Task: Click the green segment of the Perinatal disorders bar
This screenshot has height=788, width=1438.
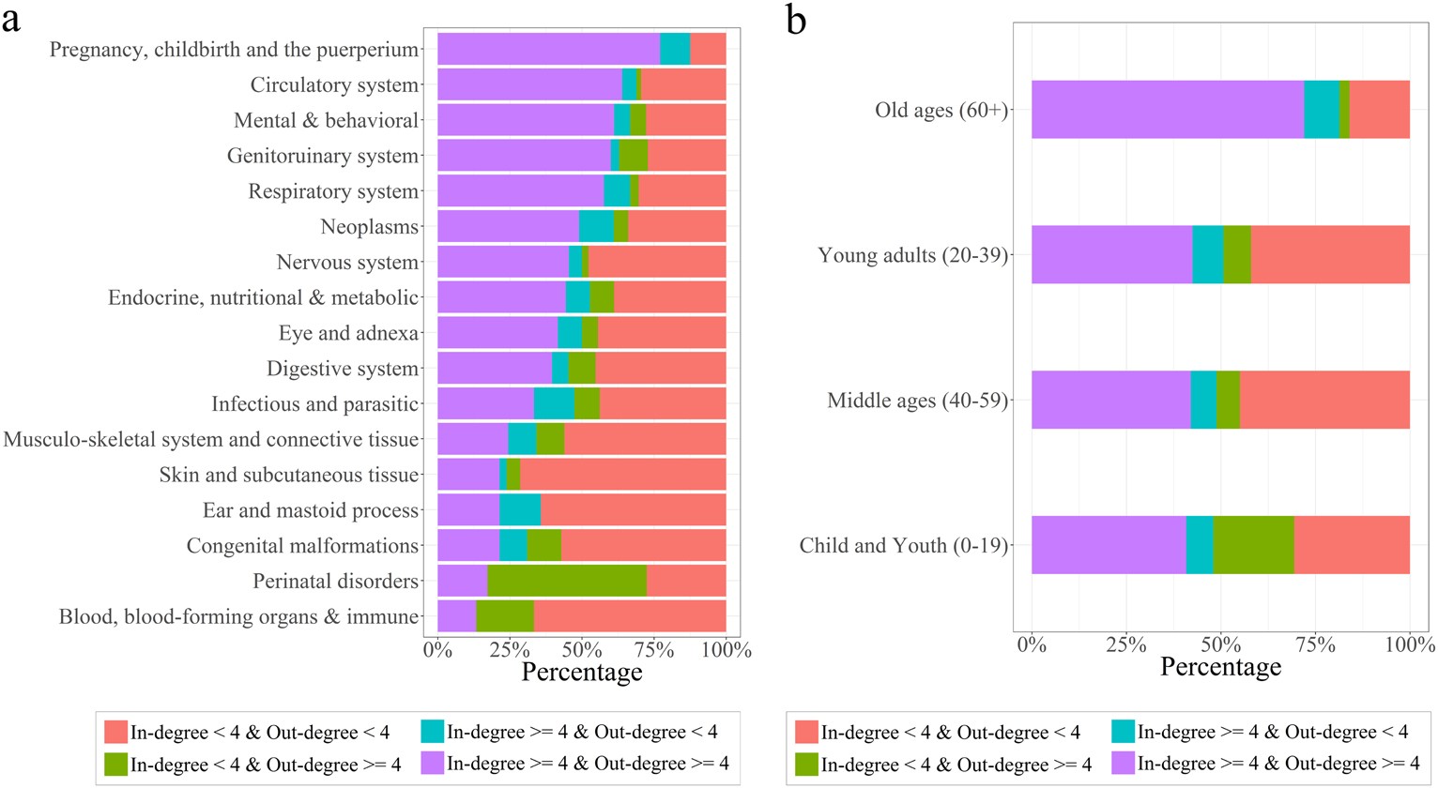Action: point(567,582)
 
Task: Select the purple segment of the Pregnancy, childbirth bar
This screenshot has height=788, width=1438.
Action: point(548,49)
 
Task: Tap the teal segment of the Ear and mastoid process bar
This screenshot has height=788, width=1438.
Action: point(520,510)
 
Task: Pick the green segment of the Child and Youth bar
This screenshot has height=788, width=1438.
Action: point(1253,545)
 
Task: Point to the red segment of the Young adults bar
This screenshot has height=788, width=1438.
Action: point(1330,254)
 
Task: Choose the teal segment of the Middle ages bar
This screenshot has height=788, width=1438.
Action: point(1203,400)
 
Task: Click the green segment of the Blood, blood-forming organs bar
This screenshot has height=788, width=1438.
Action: point(505,616)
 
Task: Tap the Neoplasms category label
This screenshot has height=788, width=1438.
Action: point(370,227)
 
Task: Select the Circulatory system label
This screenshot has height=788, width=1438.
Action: point(334,85)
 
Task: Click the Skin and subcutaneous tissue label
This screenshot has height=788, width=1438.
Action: point(289,475)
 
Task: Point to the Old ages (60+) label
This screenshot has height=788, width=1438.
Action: point(941,110)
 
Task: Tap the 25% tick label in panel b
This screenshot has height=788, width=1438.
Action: point(1125,644)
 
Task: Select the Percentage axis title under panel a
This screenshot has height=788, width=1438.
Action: point(581,672)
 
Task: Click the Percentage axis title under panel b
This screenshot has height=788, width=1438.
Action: point(1220,667)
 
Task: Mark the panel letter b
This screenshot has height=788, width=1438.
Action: point(796,21)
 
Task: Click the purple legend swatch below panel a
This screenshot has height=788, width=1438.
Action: point(432,763)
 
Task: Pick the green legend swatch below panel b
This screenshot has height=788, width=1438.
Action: point(806,764)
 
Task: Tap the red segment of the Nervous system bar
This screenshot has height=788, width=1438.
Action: point(656,263)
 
